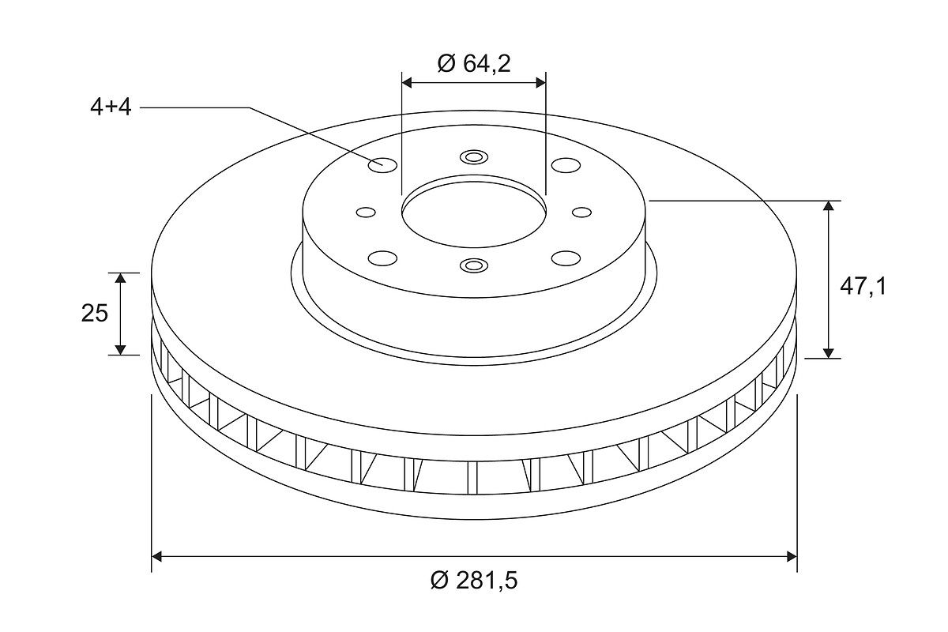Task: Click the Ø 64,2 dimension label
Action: tap(474, 63)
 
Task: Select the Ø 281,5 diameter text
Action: tap(474, 581)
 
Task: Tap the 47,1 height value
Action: tap(863, 287)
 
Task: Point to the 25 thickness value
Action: tap(95, 314)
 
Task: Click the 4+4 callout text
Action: tap(111, 107)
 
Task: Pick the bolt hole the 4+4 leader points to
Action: tap(382, 164)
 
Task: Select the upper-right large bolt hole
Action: tap(566, 165)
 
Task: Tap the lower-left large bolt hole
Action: tap(382, 258)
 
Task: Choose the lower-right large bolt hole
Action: tap(566, 258)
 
